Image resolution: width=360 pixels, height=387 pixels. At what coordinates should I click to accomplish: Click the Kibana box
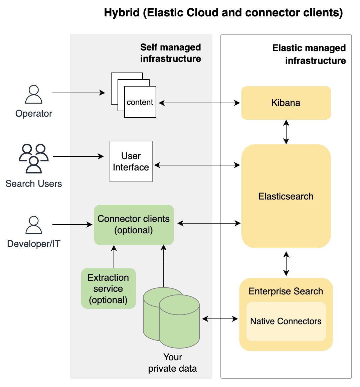[286, 103]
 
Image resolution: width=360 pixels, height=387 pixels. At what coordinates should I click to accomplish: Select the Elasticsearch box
[286, 196]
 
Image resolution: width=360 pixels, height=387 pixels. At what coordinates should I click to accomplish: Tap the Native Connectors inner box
[286, 321]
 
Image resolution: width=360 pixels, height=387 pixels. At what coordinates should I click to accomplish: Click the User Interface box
[131, 161]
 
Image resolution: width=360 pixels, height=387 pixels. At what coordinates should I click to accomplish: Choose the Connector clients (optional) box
[134, 225]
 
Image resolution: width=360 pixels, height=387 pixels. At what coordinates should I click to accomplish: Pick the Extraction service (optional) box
[108, 288]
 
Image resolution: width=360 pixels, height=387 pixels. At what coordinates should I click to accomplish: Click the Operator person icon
[34, 95]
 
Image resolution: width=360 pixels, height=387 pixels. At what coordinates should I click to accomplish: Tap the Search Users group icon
[34, 158]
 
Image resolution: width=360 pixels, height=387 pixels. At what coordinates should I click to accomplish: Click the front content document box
[140, 102]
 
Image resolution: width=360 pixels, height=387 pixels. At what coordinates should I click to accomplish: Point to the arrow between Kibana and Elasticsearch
[286, 132]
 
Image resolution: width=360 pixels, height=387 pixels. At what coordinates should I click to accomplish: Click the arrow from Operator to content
[79, 93]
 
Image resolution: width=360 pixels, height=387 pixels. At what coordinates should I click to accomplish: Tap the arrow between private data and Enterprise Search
[220, 319]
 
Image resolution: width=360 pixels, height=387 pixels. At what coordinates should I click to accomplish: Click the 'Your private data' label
[173, 363]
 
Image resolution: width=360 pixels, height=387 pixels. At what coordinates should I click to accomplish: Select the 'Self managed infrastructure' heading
[170, 53]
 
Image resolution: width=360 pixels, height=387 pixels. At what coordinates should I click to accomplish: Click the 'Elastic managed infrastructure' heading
[309, 54]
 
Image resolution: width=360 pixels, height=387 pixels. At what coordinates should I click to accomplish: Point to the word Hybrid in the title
[122, 13]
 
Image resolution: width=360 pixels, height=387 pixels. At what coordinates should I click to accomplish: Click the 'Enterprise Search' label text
[286, 291]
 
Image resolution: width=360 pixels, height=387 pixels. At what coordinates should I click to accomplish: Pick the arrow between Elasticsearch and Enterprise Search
[286, 264]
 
